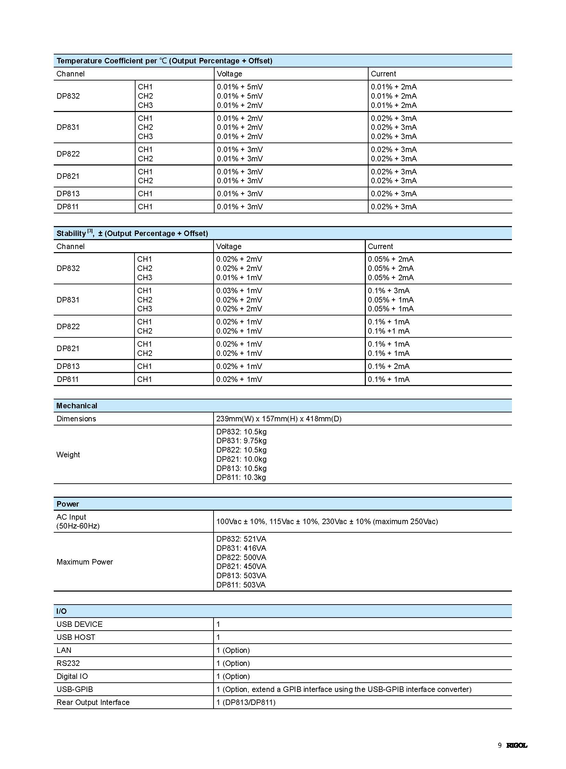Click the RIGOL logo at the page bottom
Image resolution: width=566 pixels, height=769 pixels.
tap(517, 745)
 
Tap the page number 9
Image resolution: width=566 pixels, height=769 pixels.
tap(500, 745)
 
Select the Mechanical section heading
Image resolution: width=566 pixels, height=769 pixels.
tap(77, 406)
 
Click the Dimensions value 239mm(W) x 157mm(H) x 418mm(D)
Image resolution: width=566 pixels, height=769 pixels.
tap(279, 419)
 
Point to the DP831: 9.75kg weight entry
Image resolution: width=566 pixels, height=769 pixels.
tap(241, 441)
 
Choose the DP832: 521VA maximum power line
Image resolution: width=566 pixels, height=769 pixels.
tap(241, 539)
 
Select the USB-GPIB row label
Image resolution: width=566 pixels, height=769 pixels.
tap(75, 689)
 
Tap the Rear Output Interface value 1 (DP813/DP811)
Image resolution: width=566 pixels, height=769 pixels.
tap(246, 702)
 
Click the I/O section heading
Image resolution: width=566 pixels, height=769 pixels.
tap(62, 611)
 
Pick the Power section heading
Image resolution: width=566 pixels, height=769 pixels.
tap(68, 504)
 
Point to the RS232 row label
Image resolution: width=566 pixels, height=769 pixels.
tap(68, 663)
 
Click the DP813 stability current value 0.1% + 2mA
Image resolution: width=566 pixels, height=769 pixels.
tap(388, 366)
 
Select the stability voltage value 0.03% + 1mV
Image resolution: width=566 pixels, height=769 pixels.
tap(239, 290)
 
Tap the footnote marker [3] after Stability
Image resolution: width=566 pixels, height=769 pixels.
tap(90, 231)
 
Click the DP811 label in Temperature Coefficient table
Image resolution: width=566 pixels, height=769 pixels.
tap(67, 207)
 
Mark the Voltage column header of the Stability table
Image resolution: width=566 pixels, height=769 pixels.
tap(229, 246)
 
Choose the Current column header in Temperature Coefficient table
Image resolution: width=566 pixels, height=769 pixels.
tap(383, 74)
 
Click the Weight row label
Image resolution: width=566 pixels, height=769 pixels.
tap(68, 455)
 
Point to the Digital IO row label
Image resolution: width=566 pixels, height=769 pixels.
tap(72, 676)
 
